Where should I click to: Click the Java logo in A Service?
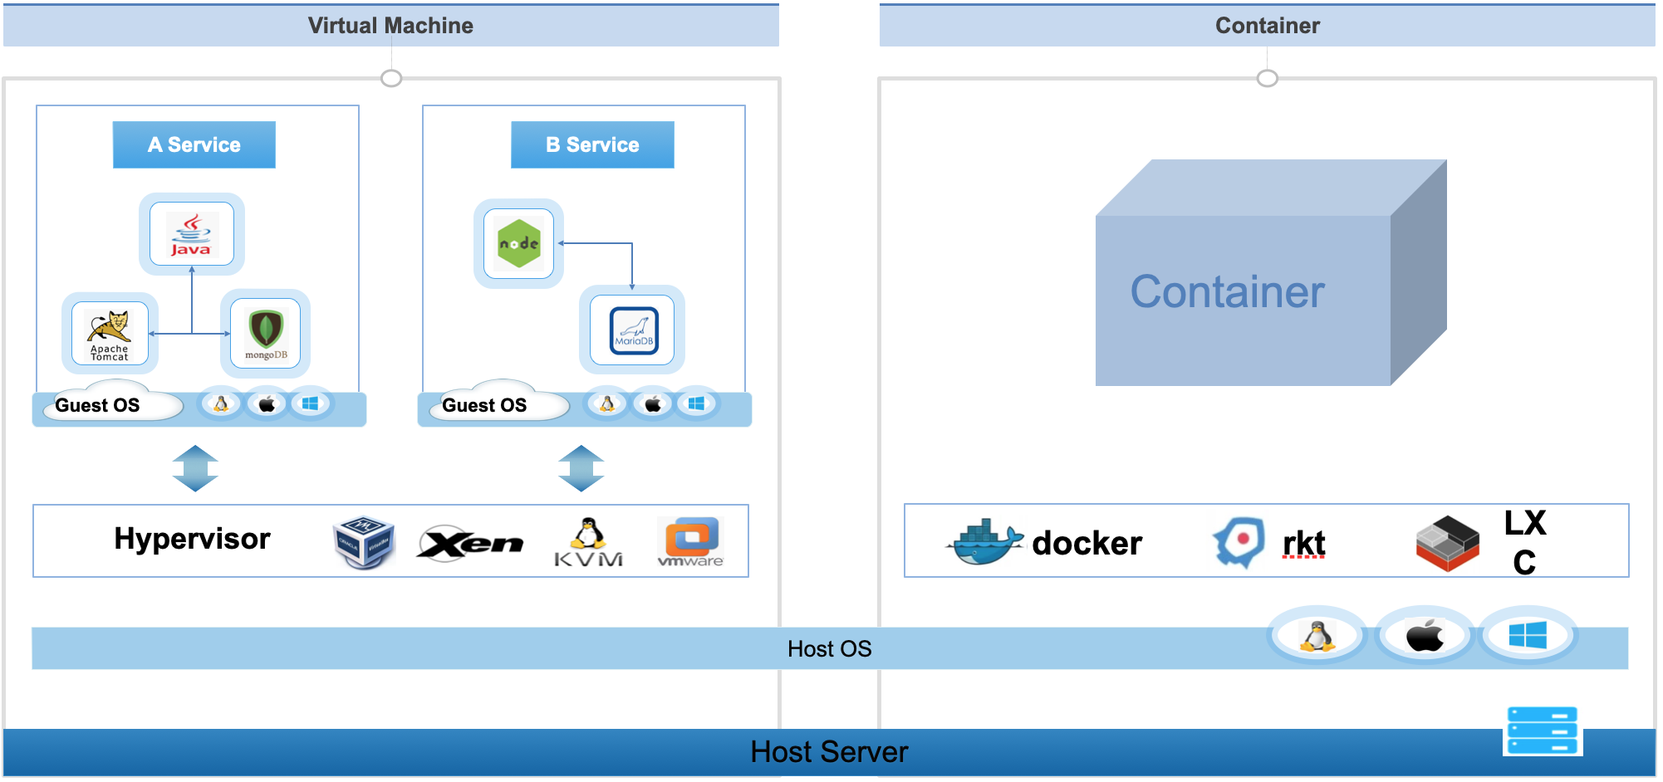click(x=191, y=234)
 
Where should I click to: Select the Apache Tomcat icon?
click(x=110, y=333)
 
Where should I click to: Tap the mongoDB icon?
click(x=266, y=334)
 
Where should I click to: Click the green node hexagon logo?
click(x=518, y=243)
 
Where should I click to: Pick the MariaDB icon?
click(x=633, y=330)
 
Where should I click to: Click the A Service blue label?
click(x=194, y=144)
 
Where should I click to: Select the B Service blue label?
click(x=592, y=144)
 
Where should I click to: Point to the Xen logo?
click(x=470, y=543)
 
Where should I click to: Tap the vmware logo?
click(x=690, y=542)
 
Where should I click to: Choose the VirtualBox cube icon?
click(x=364, y=542)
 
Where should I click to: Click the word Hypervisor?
click(x=192, y=539)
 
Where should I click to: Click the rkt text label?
click(x=1303, y=544)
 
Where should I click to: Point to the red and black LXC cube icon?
click(x=1447, y=543)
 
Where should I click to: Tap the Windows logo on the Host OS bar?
click(x=1527, y=636)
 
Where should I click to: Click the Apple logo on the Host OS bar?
click(x=1425, y=636)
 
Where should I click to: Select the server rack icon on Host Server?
click(x=1543, y=731)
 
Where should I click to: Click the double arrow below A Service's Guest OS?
click(x=195, y=468)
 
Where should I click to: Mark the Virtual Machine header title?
click(x=390, y=26)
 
